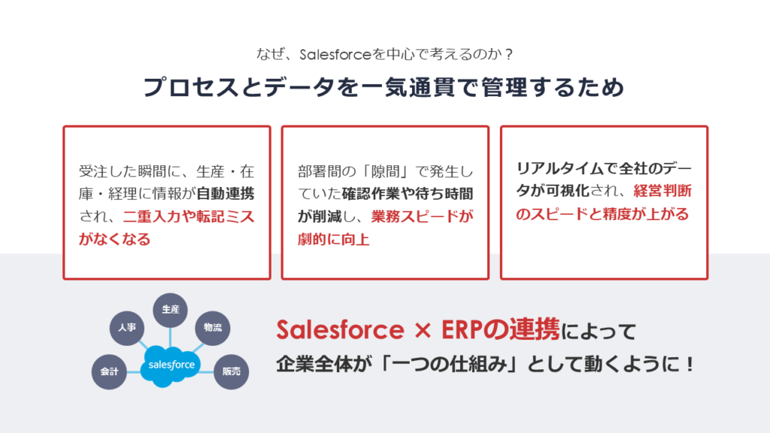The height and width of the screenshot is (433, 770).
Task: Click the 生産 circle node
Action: tap(171, 310)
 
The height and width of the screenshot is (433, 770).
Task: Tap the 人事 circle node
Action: tap(126, 328)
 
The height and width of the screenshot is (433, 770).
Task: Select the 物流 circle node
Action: tap(213, 328)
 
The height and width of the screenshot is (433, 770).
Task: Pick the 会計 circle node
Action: tap(109, 371)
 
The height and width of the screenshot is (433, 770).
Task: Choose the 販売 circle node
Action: tap(232, 371)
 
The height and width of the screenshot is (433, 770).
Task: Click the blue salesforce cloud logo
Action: tap(171, 366)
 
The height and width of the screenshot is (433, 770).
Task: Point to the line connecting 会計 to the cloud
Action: tap(134, 371)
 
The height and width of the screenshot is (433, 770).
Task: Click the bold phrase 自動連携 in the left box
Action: tap(226, 194)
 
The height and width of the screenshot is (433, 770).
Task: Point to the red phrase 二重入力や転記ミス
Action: tap(189, 216)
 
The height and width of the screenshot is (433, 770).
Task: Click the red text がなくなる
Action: tap(114, 239)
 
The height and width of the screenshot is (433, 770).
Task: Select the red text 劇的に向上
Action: tap(333, 239)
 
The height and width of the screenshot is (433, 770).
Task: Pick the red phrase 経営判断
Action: tap(662, 191)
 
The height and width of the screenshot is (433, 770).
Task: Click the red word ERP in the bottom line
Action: tap(460, 329)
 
